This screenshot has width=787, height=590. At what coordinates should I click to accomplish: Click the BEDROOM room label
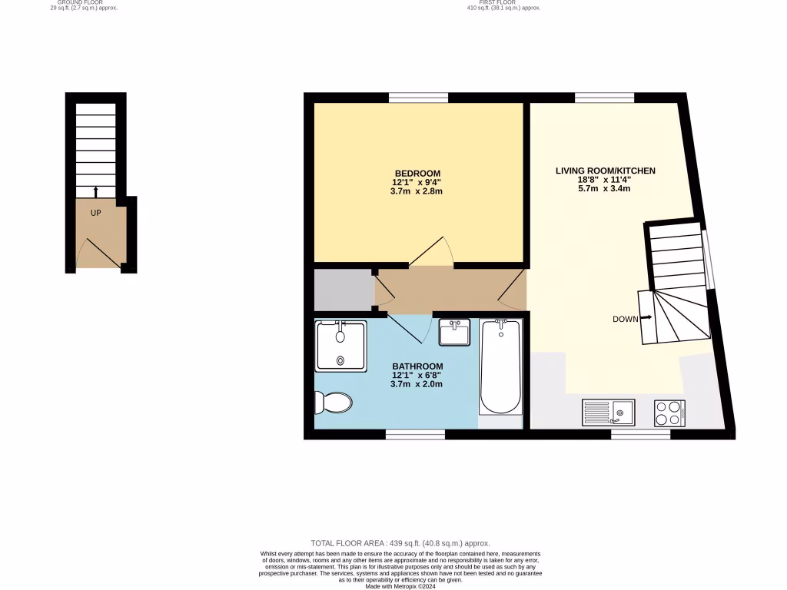click(417, 173)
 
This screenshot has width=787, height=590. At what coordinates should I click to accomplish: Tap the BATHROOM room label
click(417, 366)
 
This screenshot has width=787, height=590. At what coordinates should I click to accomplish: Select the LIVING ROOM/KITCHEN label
click(605, 171)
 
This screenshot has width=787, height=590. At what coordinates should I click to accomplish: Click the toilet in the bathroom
click(334, 401)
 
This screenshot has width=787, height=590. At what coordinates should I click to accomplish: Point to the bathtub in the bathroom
click(500, 368)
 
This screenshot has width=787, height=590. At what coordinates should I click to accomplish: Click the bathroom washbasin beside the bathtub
click(454, 333)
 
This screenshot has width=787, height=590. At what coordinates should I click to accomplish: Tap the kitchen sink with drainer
click(608, 413)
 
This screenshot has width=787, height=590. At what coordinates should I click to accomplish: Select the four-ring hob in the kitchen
click(669, 413)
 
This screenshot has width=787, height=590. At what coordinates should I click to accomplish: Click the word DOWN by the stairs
click(626, 319)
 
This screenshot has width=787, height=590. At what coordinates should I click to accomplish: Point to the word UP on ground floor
click(96, 213)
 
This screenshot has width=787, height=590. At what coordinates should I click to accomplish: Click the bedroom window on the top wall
click(418, 98)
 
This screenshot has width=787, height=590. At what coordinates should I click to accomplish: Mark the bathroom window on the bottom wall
click(415, 435)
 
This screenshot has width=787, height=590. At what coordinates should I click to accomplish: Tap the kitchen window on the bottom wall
click(640, 435)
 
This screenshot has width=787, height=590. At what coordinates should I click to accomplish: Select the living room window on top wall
click(604, 98)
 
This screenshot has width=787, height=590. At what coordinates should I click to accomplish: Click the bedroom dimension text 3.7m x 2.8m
click(417, 191)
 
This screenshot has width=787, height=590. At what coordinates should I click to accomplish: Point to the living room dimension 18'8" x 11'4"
click(605, 180)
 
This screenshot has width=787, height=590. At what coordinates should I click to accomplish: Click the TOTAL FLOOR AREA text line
click(400, 543)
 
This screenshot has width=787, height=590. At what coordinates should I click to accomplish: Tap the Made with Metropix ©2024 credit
click(400, 585)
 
